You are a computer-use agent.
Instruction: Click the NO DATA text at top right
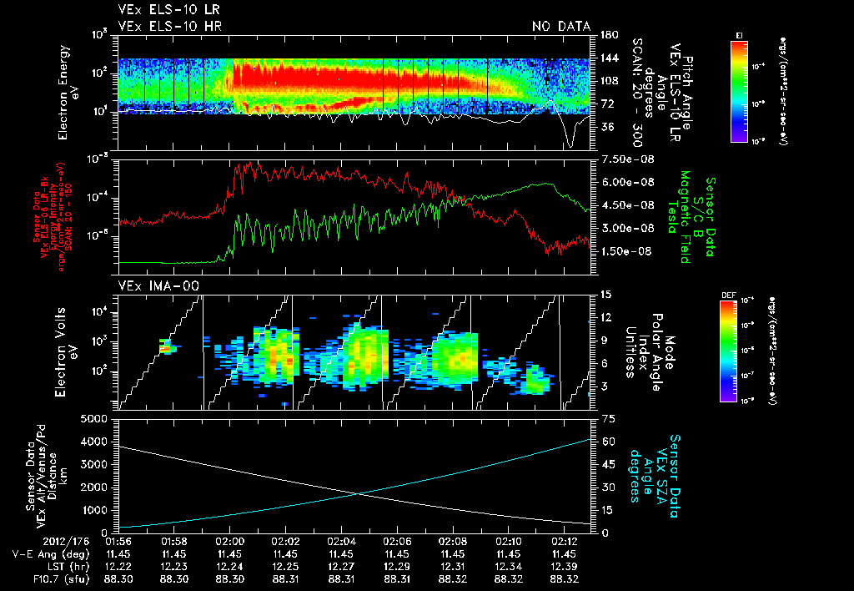click(561, 27)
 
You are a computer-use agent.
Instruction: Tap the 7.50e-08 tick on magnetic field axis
click(620, 159)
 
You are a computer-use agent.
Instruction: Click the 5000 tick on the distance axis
click(97, 418)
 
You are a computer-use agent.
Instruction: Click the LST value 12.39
click(565, 566)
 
